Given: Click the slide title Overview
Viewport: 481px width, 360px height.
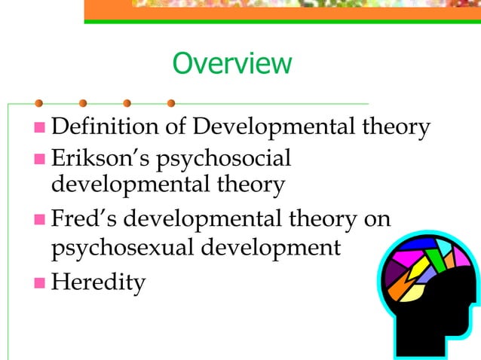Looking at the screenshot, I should click(231, 63).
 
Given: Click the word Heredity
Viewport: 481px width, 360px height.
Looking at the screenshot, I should click(98, 283).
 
